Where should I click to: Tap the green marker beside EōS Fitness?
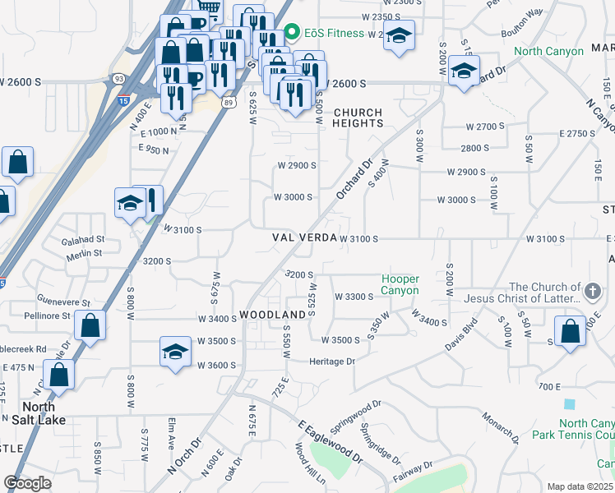pos(291,33)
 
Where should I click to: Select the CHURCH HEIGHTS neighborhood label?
pos(358,117)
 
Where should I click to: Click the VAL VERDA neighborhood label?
pos(305,237)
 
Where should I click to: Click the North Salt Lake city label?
pos(33,413)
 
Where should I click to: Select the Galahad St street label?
pos(83,240)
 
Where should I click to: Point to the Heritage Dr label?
pos(331,361)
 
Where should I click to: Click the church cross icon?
pos(591,291)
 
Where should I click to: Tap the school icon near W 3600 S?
pos(175,352)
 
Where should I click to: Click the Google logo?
pos(27,483)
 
